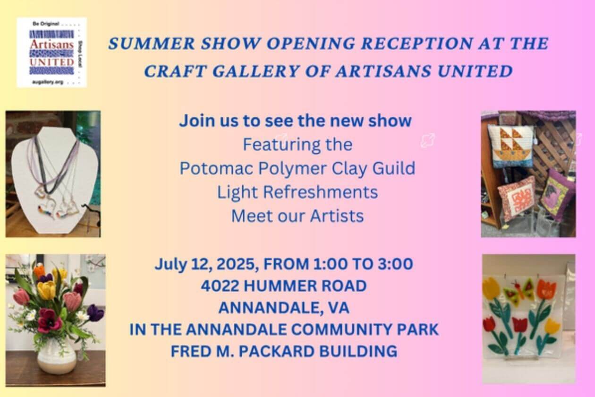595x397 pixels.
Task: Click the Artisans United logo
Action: point(51,52)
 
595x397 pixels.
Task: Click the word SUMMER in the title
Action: point(152,43)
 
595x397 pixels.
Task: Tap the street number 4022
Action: point(220,286)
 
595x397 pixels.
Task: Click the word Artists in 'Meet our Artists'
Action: point(337,216)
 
